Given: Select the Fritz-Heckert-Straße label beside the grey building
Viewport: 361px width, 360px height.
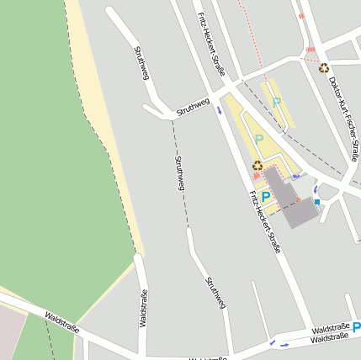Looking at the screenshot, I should coord(263,221).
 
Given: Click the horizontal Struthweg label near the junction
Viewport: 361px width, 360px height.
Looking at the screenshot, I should coord(193,107).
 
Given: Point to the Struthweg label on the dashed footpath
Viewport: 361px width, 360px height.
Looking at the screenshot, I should coord(179,172).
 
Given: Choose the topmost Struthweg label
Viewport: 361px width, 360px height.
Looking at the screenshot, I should coord(141,63).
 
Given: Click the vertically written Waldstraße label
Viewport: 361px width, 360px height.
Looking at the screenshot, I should coord(142,308).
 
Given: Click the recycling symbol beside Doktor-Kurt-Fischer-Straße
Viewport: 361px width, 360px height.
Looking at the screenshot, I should coord(324,68).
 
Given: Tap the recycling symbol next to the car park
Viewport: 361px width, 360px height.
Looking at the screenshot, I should coord(257,165).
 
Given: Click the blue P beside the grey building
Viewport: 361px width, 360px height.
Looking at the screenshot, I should coord(266,197).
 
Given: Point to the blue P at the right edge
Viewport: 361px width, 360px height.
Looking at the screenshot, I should coord(356,327).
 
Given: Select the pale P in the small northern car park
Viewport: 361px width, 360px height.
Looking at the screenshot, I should coord(276,102).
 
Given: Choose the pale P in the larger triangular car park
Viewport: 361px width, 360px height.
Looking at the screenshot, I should coord(259,139).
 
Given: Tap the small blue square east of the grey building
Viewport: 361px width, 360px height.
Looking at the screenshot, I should coord(316,202).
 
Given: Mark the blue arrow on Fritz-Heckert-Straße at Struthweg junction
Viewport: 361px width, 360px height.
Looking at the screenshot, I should coord(220,109).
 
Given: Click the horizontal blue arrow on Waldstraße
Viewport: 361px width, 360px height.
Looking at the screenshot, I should coord(284,345).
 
